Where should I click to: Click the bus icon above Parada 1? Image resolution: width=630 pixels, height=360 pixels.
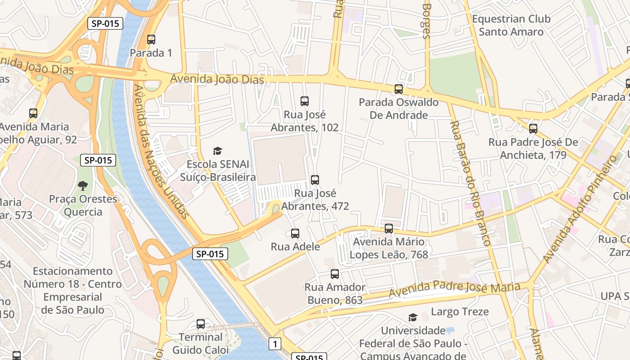(x=151, y=40)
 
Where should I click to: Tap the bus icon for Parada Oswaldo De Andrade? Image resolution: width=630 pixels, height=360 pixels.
(x=399, y=89)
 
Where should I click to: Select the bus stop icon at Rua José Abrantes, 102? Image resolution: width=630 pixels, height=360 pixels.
(x=305, y=101)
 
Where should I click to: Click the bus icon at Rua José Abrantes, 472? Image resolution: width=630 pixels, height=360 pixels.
(x=315, y=180)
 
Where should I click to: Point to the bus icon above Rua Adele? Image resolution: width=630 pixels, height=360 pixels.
(x=295, y=234)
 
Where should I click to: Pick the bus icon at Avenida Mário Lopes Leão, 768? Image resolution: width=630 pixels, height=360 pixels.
(x=389, y=229)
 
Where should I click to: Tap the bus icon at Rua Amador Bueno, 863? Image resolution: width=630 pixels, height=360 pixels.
(x=335, y=274)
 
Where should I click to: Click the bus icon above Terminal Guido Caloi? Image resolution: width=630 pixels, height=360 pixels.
(x=201, y=324)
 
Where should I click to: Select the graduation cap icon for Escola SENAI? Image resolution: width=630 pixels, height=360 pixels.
(x=218, y=151)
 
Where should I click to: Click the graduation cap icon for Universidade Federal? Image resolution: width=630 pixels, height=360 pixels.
(x=413, y=318)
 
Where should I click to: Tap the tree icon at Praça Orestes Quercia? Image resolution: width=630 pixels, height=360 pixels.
(x=83, y=185)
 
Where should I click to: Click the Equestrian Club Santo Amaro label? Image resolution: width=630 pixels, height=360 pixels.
(x=511, y=26)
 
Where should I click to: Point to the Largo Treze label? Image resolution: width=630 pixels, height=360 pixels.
(x=460, y=311)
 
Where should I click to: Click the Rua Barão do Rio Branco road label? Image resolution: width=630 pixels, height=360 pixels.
(x=470, y=182)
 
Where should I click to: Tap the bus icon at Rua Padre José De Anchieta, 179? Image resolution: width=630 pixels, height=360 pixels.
(x=533, y=129)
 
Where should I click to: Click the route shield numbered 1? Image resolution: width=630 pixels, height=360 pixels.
(x=275, y=344)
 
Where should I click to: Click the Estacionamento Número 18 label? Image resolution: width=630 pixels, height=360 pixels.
(x=72, y=290)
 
